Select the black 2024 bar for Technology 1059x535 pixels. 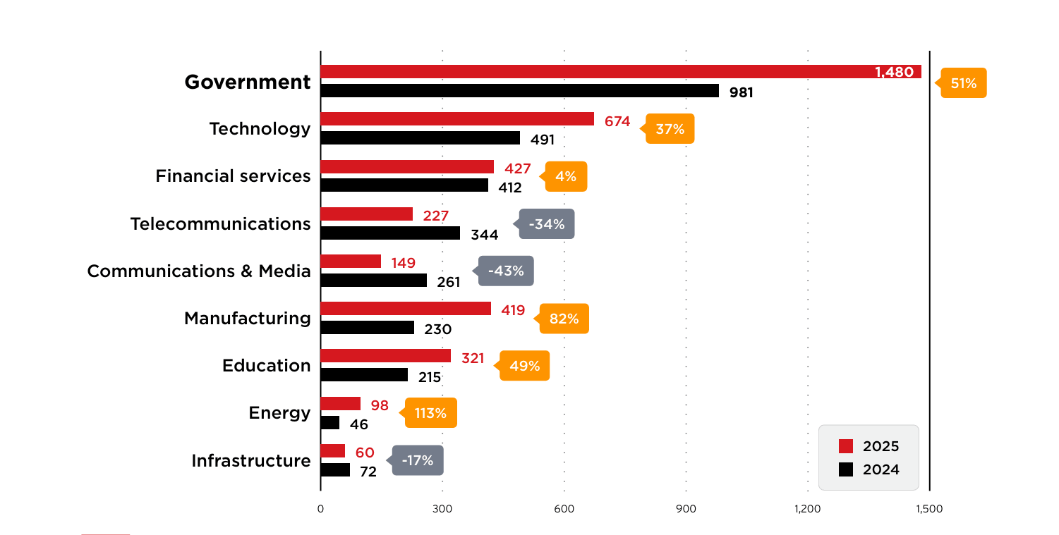tap(420, 138)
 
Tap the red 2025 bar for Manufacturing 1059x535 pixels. tap(406, 309)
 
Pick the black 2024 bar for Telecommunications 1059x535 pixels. tap(390, 233)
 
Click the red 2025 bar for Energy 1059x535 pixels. tap(340, 404)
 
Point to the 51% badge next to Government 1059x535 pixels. tap(963, 83)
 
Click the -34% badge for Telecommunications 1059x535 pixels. tap(547, 224)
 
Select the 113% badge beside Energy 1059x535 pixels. tap(430, 413)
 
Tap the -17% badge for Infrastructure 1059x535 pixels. tap(418, 460)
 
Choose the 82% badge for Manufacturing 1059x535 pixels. tap(564, 319)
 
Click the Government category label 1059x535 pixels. tap(248, 82)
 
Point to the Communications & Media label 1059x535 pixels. tap(199, 271)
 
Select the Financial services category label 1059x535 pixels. tap(233, 176)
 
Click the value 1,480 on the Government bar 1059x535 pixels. tap(894, 72)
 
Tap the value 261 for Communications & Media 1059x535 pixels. tap(448, 282)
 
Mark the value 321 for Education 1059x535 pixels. tap(473, 358)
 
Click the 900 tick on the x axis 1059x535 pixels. tap(686, 509)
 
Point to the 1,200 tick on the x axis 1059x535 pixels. tap(807, 509)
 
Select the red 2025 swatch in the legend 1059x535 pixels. tap(846, 446)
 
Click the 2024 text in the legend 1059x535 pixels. tap(881, 469)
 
